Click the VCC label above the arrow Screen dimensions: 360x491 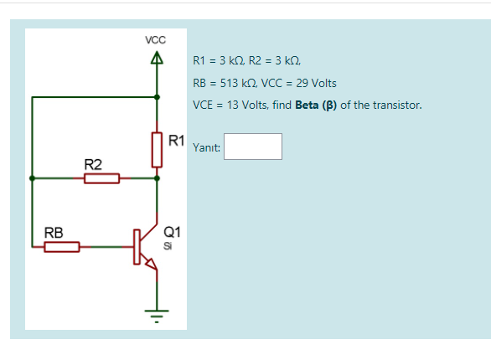pos(155,40)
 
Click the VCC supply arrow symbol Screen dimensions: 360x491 pos(156,59)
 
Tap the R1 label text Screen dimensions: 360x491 pos(176,139)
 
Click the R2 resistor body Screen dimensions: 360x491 pos(101,178)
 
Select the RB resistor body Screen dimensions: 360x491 pos(62,247)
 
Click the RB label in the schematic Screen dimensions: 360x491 pos(53,232)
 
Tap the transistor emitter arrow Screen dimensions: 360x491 pos(150,265)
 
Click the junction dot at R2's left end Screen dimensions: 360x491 pos(32,178)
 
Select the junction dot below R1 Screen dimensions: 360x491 pos(156,178)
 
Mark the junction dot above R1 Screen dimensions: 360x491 pos(156,97)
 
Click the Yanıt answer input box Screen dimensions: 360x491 pos(253,147)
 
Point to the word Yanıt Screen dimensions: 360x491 pos(206,147)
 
